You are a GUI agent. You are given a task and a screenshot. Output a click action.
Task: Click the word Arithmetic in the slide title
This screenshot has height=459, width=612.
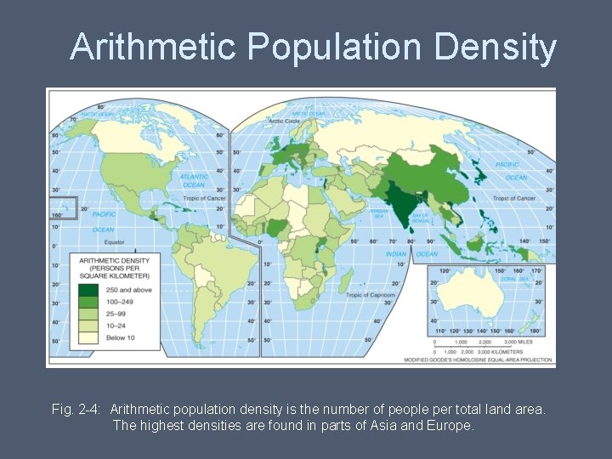[x=154, y=48]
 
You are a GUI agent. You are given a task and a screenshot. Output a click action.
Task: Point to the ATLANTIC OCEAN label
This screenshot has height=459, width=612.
[x=194, y=181]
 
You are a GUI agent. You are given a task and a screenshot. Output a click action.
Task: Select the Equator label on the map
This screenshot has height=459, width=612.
[x=102, y=242]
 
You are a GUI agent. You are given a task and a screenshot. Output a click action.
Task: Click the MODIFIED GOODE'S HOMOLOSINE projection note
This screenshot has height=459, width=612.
[x=493, y=361]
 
